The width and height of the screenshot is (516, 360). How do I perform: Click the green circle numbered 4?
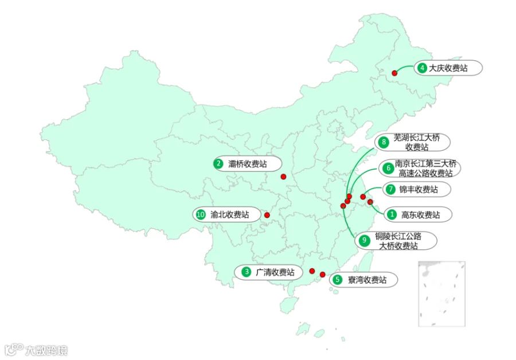tap(422, 68)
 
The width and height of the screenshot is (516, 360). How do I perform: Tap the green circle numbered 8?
tap(384, 142)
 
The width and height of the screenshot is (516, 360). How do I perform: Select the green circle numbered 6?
tap(388, 168)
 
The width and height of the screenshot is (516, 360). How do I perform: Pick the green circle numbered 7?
tap(390, 189)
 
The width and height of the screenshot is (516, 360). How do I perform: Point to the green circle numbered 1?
tap(392, 215)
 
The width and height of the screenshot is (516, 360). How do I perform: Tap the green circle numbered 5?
tap(338, 280)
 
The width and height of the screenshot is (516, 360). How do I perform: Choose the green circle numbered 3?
tap(246, 272)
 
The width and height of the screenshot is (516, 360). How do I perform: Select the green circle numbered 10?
tap(200, 214)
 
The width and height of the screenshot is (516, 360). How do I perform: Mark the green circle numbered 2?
tap(218, 164)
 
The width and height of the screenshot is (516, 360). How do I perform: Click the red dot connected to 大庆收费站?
tap(394, 73)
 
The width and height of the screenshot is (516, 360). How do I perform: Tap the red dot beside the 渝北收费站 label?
tap(267, 216)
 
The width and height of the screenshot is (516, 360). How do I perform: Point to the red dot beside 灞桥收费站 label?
tap(283, 177)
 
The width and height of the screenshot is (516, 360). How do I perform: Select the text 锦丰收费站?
tap(419, 189)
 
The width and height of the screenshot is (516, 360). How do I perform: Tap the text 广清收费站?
tap(275, 272)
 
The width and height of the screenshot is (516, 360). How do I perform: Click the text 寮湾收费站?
tap(367, 280)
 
